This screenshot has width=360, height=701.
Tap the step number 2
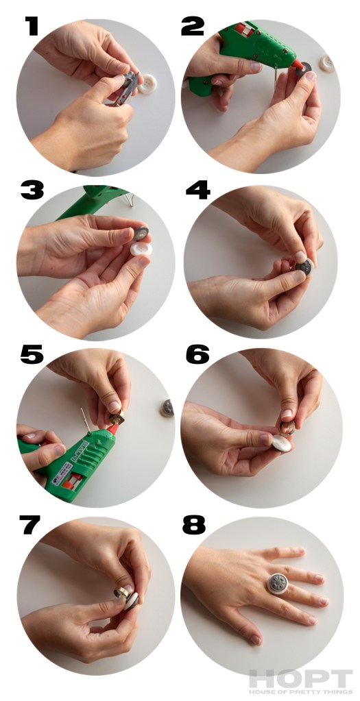click(193, 26)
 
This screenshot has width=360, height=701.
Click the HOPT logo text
click(300, 678)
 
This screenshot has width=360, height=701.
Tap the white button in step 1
click(147, 84)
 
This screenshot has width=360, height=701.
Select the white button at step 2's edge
click(327, 63)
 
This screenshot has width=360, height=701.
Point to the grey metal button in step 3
click(141, 232)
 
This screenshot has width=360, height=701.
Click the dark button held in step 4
click(304, 267)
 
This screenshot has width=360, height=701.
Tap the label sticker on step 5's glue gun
click(62, 473)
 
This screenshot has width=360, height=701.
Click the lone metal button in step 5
click(167, 408)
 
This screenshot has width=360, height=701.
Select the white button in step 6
click(283, 443)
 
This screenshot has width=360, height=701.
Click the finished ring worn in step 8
click(277, 583)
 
